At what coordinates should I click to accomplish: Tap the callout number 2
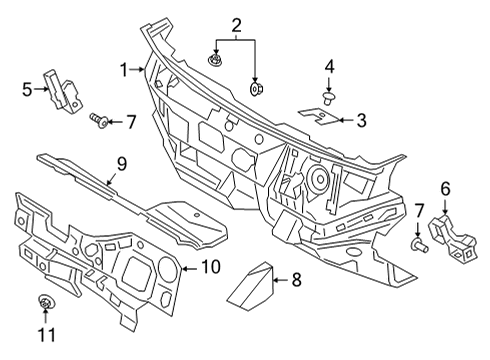click(x=236, y=24)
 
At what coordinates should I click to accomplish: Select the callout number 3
click(x=361, y=120)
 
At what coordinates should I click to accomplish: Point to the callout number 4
click(x=328, y=67)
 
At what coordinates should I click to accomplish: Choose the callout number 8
click(x=296, y=282)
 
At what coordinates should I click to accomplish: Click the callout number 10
click(x=210, y=266)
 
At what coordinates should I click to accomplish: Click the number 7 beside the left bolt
click(x=130, y=121)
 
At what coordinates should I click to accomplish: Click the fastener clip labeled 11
click(x=45, y=304)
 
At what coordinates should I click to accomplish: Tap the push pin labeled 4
click(x=328, y=97)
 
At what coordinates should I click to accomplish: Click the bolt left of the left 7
click(x=98, y=120)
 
